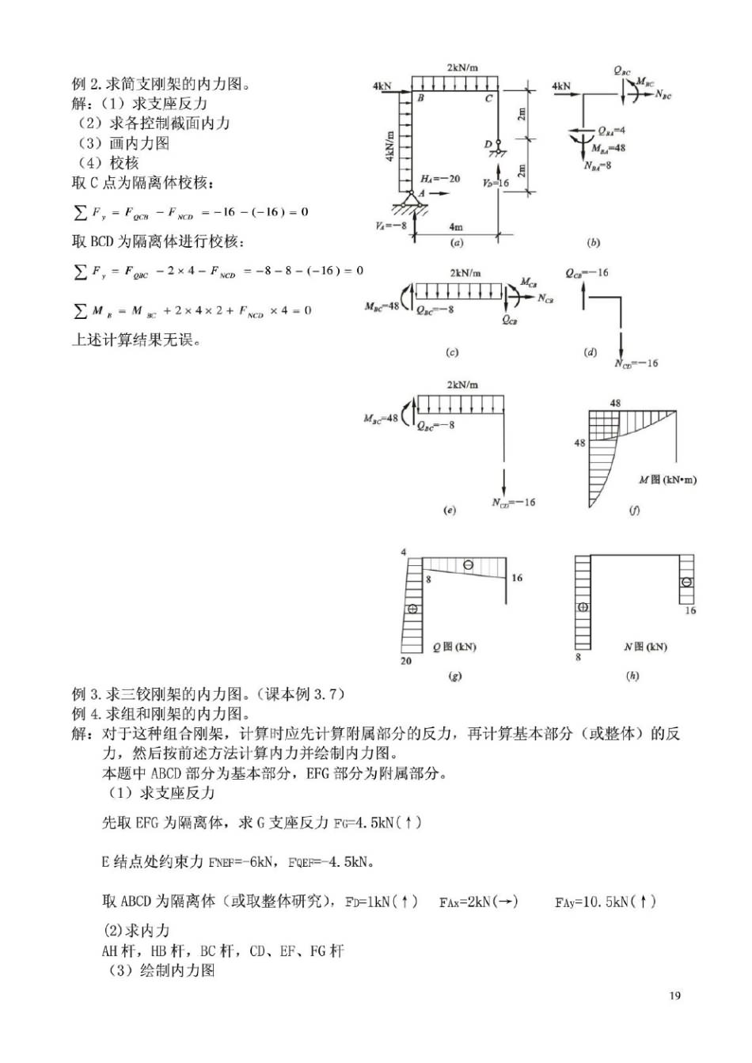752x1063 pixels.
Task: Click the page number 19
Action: click(x=674, y=996)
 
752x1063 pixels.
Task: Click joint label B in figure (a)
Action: click(x=420, y=98)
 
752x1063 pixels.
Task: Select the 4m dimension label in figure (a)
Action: click(x=456, y=227)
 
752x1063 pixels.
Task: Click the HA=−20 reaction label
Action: click(x=440, y=179)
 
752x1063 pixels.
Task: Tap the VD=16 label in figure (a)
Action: click(x=496, y=183)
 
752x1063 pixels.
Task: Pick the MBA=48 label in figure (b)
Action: click(x=608, y=148)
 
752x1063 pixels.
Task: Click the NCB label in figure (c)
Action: click(x=545, y=298)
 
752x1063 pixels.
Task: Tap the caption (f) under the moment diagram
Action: click(x=634, y=511)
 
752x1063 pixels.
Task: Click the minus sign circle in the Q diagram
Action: click(x=469, y=565)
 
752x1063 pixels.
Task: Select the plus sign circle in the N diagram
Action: click(x=583, y=607)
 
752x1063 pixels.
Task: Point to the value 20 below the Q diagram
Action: click(x=406, y=661)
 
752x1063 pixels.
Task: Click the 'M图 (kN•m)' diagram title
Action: click(x=667, y=480)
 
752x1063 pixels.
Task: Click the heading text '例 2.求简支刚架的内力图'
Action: click(x=161, y=84)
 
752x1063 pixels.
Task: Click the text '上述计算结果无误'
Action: click(x=136, y=341)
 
